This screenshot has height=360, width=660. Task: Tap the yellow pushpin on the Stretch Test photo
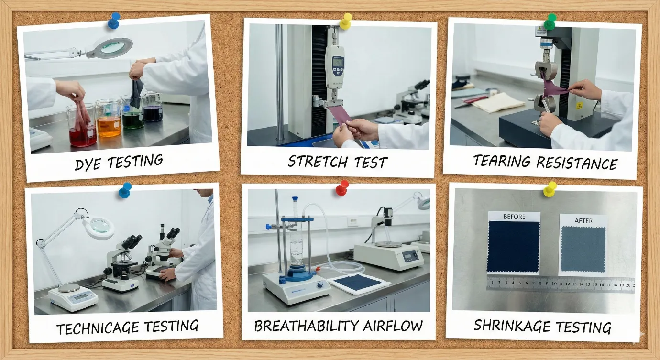tap(345, 21)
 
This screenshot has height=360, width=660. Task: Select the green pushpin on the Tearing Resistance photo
tap(550, 21)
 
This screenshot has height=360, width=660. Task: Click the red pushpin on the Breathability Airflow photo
tap(342, 187)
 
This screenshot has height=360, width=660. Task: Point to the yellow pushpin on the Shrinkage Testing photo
tap(550, 188)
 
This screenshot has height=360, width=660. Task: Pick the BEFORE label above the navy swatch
tap(514, 217)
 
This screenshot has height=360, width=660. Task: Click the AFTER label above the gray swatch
tap(583, 220)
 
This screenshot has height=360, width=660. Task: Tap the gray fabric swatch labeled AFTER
tap(583, 249)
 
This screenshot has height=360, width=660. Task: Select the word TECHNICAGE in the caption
tap(94, 328)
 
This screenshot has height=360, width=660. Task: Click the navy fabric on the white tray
tap(358, 283)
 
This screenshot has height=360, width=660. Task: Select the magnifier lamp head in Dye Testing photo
tap(113, 47)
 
